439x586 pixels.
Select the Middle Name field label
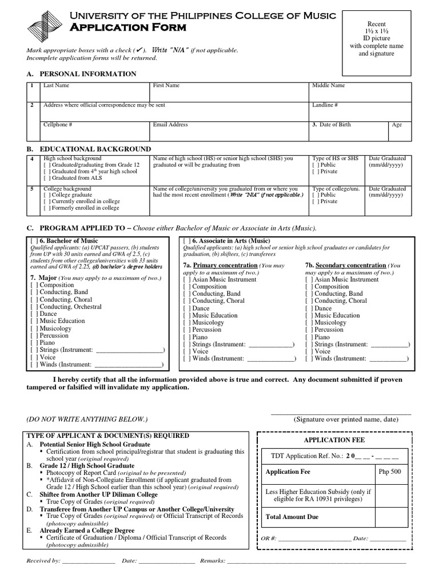(328, 85)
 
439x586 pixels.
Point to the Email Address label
(170, 124)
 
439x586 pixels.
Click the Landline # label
(325, 105)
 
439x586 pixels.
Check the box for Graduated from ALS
(47, 178)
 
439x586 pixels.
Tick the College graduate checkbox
(47, 195)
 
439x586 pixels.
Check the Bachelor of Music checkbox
(34, 241)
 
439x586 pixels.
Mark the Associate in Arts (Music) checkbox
(187, 241)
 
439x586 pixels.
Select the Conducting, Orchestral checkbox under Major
(34, 306)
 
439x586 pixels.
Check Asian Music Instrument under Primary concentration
(187, 279)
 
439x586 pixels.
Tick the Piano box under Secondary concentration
(309, 337)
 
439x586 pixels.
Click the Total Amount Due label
(292, 517)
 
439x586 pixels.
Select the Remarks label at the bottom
(212, 561)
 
